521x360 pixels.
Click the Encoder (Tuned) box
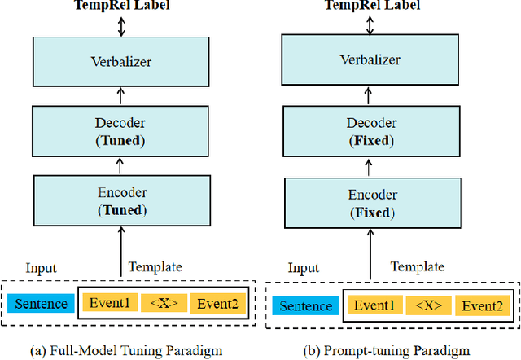120,201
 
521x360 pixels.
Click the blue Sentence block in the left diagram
41,304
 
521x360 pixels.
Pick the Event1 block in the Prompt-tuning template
374,305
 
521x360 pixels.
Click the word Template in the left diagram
155,266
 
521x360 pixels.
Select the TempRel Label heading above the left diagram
120,5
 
